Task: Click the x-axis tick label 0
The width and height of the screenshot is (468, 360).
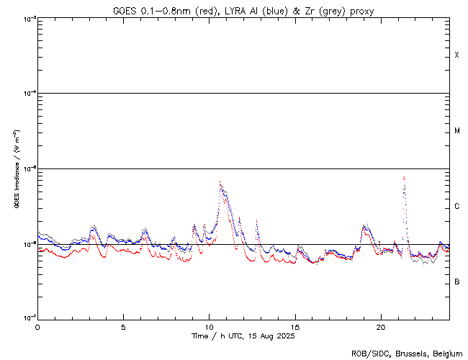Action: (x=37, y=326)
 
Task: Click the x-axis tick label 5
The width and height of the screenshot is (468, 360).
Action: (x=123, y=326)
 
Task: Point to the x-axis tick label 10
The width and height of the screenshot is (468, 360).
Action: (x=209, y=326)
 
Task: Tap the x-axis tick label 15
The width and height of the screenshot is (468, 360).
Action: (x=294, y=326)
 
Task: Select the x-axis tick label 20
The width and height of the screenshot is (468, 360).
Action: (x=381, y=326)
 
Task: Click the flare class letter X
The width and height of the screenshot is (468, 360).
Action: (x=456, y=55)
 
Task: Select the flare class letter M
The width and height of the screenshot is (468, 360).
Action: (x=456, y=131)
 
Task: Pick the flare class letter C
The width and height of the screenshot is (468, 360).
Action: (x=456, y=207)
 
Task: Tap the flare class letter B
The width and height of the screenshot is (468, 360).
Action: (x=456, y=282)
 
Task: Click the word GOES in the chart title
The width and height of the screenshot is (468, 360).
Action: (x=125, y=9)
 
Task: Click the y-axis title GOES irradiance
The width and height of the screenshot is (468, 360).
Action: (x=16, y=168)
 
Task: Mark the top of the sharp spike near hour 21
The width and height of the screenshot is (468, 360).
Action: (x=405, y=176)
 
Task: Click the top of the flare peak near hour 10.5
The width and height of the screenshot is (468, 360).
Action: (x=220, y=181)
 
